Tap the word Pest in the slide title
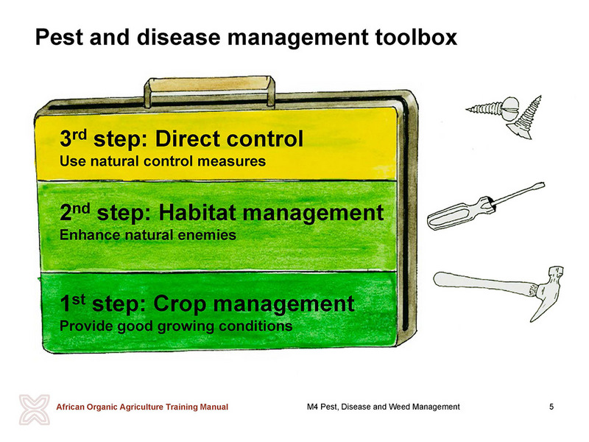(x=59, y=38)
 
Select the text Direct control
(x=229, y=138)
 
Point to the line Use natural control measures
(x=163, y=161)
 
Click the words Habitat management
(x=271, y=213)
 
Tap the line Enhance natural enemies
(x=148, y=235)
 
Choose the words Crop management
(x=253, y=304)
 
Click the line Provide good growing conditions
(x=176, y=326)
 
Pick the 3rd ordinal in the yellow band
(x=73, y=138)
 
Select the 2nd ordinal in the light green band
(x=75, y=212)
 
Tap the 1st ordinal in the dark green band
(x=72, y=303)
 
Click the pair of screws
(x=505, y=116)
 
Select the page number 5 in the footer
(x=551, y=407)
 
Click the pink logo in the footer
(x=35, y=410)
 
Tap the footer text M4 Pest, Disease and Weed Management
(x=383, y=407)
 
